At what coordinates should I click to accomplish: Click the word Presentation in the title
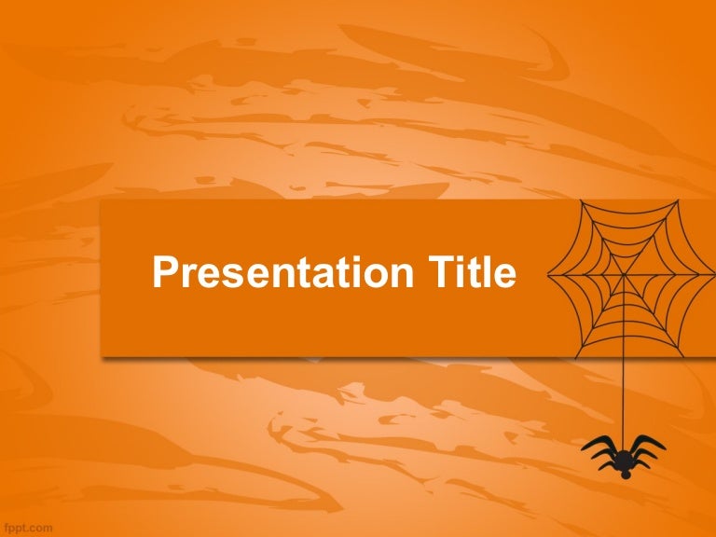click(x=283, y=272)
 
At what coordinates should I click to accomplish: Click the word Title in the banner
click(x=472, y=271)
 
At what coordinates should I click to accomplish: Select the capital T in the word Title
click(x=441, y=271)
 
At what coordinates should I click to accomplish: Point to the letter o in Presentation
click(x=372, y=276)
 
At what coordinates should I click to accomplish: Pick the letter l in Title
click(x=487, y=271)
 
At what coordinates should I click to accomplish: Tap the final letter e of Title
click(x=505, y=276)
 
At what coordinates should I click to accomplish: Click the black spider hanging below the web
click(x=624, y=456)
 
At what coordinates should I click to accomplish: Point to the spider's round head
click(x=626, y=475)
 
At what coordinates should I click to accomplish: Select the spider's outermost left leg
click(x=597, y=442)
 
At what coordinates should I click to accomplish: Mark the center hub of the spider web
click(x=624, y=274)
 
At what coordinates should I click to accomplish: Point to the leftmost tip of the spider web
click(x=547, y=274)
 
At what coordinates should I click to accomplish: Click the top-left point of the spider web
click(x=582, y=201)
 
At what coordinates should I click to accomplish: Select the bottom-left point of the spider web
click(x=575, y=357)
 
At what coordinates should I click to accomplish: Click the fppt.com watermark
click(x=26, y=529)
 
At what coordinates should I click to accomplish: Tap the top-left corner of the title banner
click(x=101, y=200)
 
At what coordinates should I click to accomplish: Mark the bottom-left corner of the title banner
click(x=101, y=356)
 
